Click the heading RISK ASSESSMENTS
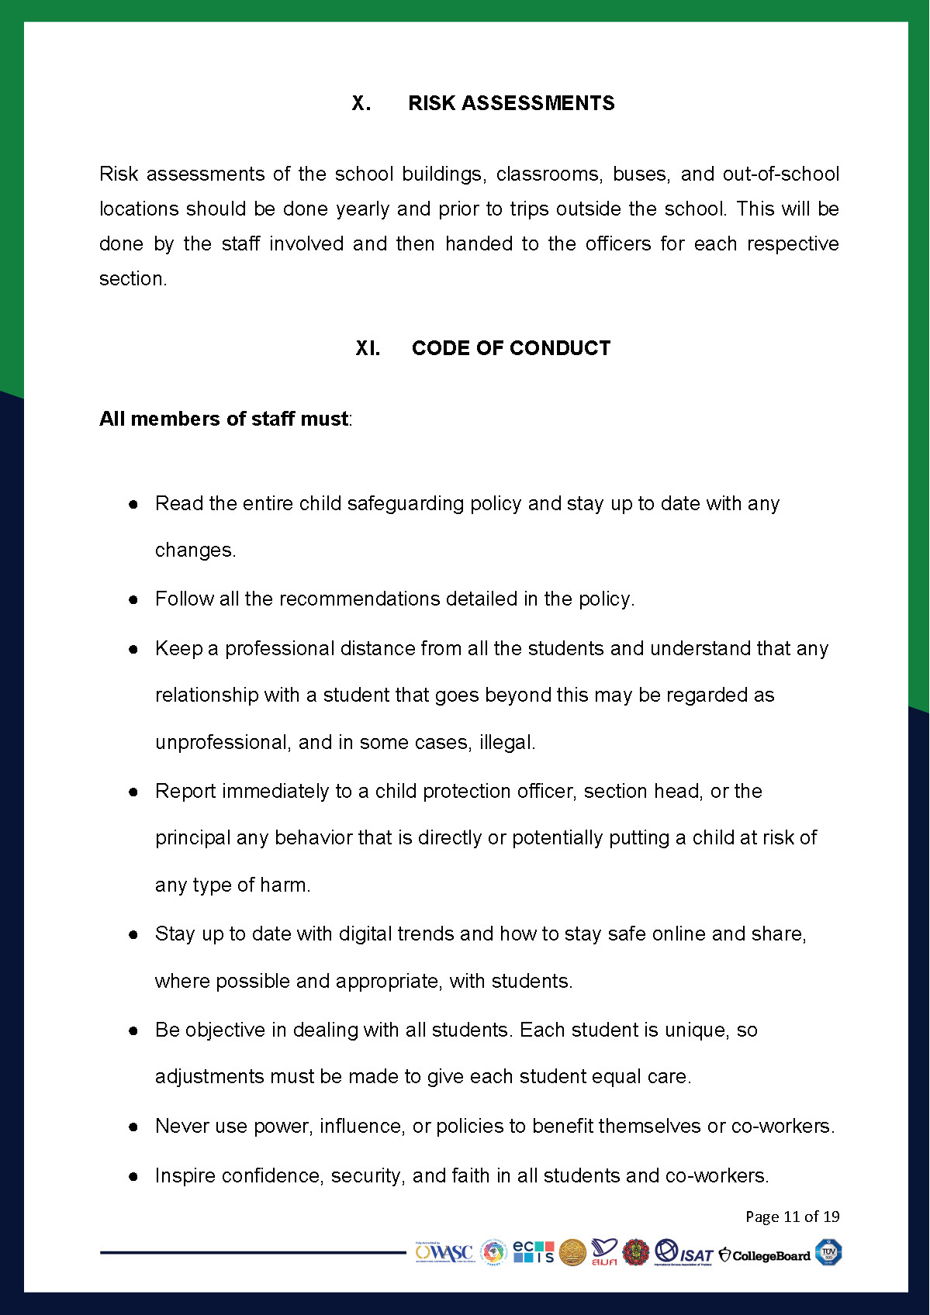pos(511,103)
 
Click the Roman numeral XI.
pos(368,348)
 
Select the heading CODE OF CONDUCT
pos(511,348)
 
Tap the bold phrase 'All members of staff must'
pos(223,419)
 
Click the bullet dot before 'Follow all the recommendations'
pos(133,599)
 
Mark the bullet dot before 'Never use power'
pos(133,1127)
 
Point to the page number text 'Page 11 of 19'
pos(792,1216)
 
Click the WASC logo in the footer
pos(444,1252)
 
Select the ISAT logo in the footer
pos(683,1253)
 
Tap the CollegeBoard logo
pos(764,1255)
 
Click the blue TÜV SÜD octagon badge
pos(828,1252)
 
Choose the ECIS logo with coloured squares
pos(534,1251)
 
